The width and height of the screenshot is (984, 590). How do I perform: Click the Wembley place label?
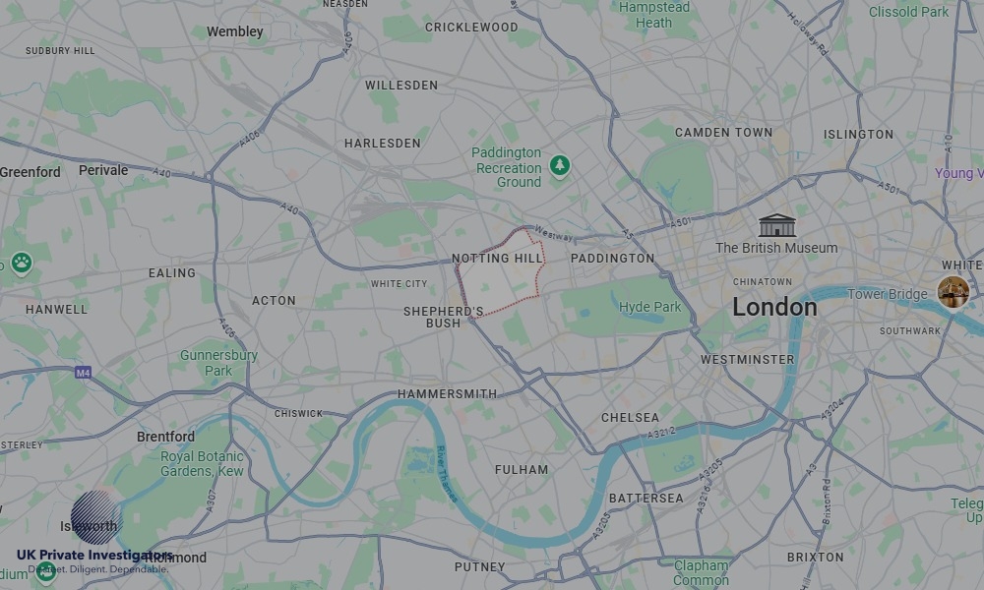click(234, 31)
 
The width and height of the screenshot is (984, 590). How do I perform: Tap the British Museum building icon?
click(776, 225)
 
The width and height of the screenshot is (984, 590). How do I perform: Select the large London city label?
click(774, 307)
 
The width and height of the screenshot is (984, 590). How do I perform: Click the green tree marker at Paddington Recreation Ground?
click(560, 165)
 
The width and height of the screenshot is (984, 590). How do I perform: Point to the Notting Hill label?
click(497, 259)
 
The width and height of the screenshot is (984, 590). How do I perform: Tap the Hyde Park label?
click(649, 307)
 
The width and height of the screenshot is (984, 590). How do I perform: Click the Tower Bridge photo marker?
click(952, 292)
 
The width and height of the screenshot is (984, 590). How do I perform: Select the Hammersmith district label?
click(447, 393)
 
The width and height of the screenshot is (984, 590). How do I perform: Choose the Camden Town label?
click(723, 133)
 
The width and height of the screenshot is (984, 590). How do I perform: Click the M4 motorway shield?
click(83, 373)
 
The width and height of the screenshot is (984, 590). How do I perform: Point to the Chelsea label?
click(630, 418)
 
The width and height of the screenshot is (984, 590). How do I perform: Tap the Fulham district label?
click(521, 470)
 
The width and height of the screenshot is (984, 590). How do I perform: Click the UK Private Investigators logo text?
click(93, 556)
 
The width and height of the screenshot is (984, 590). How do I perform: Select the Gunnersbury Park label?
click(218, 363)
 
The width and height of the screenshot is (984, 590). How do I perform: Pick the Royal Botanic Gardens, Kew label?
click(202, 464)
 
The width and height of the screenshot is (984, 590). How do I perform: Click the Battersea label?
click(646, 499)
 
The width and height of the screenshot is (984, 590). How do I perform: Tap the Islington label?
click(858, 134)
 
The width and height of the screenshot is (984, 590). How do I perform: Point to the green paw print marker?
click(21, 263)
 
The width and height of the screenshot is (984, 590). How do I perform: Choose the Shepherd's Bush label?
click(443, 317)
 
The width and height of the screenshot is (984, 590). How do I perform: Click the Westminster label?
click(747, 360)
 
